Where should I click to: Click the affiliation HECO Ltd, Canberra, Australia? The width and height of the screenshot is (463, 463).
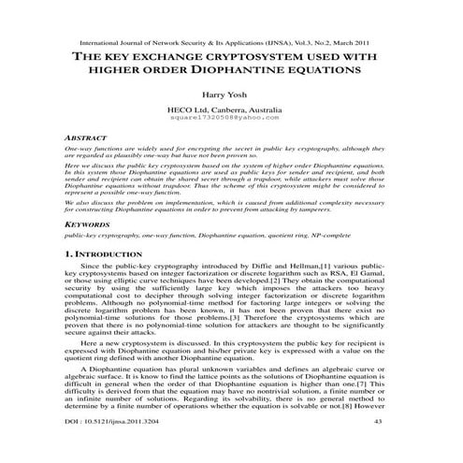231,110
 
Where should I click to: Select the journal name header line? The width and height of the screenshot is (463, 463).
231,41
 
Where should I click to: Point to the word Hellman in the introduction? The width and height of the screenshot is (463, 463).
264,267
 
